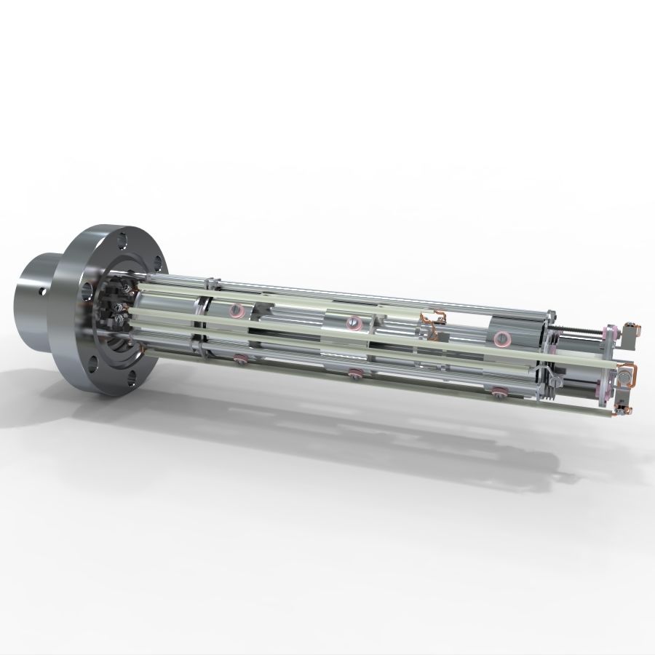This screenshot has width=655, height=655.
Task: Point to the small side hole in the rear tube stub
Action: click(x=43, y=291)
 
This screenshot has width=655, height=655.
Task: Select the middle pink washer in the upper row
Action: click(x=353, y=321)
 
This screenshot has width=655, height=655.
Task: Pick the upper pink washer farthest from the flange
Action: click(x=501, y=338)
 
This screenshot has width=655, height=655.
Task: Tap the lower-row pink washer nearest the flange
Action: click(x=238, y=357)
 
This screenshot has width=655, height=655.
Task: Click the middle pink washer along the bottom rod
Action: click(x=354, y=374)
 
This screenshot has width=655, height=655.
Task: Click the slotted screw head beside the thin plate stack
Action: click(x=557, y=378)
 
